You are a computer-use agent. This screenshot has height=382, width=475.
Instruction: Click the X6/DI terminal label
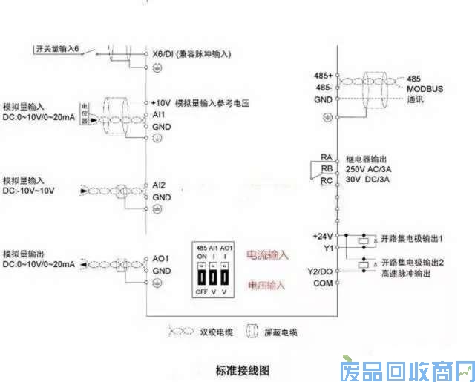[163, 54]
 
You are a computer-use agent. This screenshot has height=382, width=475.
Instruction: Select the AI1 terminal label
[158, 116]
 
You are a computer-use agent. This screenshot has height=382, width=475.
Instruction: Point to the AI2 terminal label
[159, 184]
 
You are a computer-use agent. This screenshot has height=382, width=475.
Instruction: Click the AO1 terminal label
[161, 259]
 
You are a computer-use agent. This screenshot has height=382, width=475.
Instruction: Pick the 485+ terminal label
[323, 76]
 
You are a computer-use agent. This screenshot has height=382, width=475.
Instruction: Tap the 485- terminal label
[324, 88]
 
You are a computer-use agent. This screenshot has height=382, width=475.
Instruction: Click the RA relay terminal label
[326, 157]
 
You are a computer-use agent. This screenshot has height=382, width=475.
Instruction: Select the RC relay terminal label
[326, 180]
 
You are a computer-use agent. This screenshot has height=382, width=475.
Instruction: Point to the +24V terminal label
[322, 236]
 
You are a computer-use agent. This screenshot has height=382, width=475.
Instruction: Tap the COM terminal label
[323, 283]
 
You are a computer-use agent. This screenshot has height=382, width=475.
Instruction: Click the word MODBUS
[425, 88]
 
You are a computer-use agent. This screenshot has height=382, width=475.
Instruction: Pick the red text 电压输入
[266, 284]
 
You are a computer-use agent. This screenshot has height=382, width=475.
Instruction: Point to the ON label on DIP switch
[201, 256]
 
